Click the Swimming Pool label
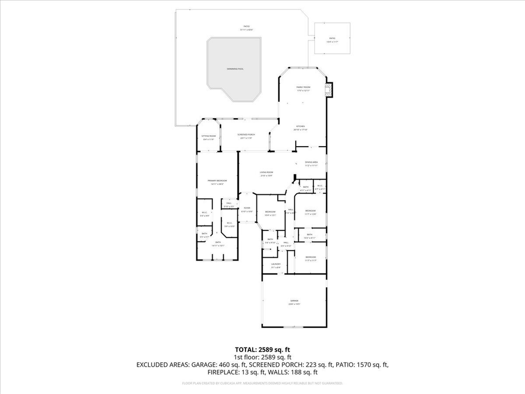pos(235,69)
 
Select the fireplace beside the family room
pos(328,90)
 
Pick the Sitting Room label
pos(208,137)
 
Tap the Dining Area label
pos(311,163)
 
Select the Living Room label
pos(266,173)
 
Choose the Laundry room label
pos(276,265)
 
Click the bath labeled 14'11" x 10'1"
pos(218,244)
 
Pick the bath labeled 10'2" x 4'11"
pos(310,236)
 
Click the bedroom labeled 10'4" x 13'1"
pos(270,213)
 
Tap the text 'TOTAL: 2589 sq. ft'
pos(262,349)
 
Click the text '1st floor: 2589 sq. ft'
pos(262,356)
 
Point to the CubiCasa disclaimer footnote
pos(262,384)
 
